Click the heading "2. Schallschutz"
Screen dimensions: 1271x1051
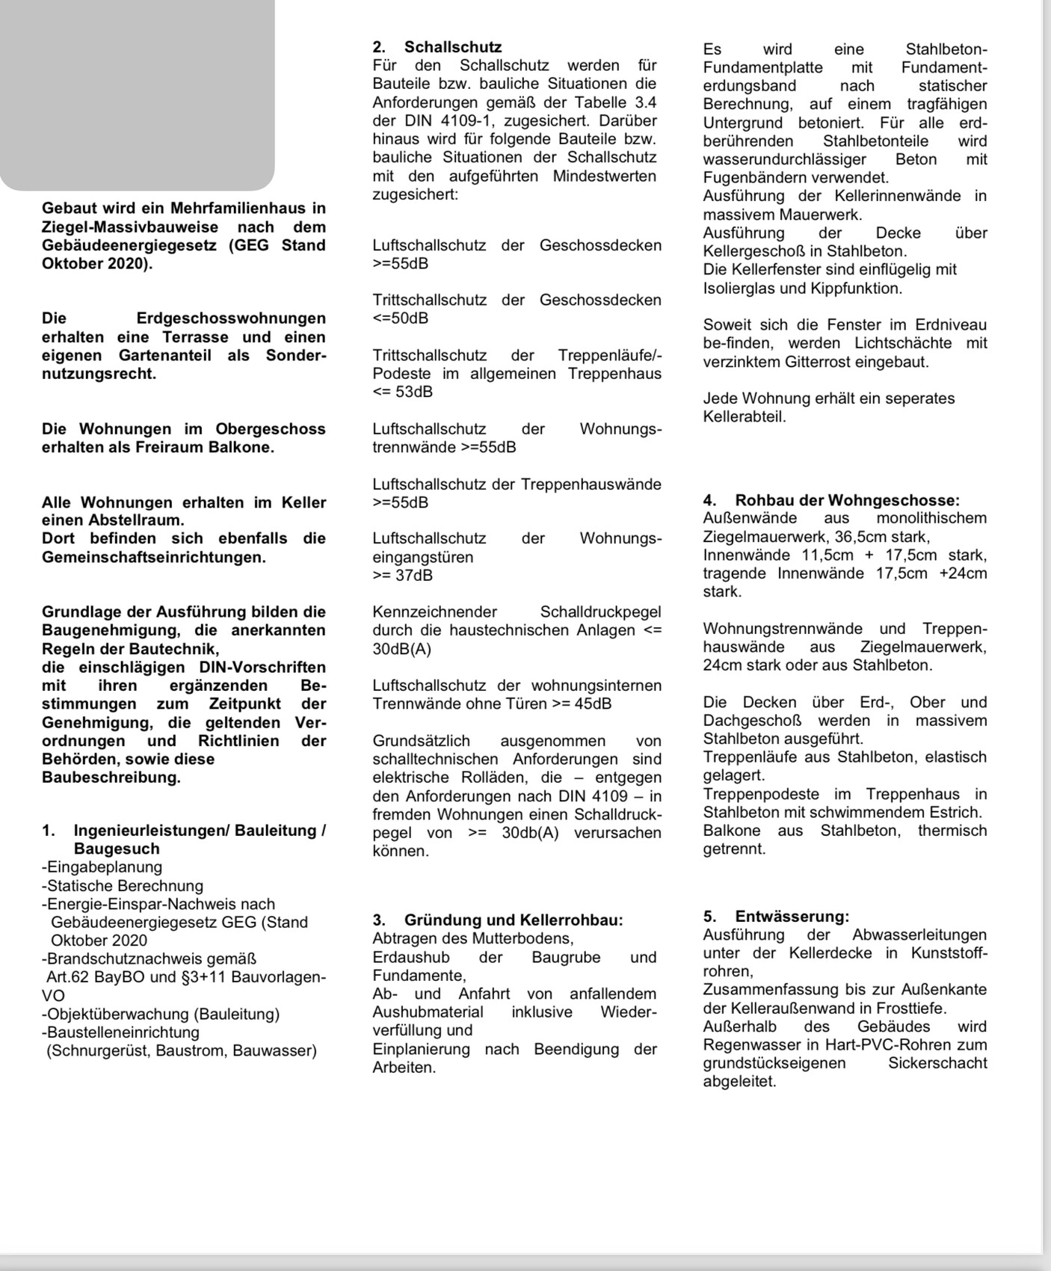point(437,47)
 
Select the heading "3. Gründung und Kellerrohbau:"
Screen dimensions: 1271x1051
point(498,920)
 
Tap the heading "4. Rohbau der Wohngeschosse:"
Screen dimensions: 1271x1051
point(831,500)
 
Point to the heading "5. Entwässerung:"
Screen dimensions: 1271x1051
point(776,917)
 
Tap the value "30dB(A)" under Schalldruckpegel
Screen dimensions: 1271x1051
point(402,649)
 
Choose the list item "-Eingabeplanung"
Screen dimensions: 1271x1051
point(102,867)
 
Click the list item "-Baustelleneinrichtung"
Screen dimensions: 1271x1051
point(121,1033)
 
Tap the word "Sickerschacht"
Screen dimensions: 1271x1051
point(937,1063)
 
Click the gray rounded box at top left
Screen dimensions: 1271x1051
point(137,93)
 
